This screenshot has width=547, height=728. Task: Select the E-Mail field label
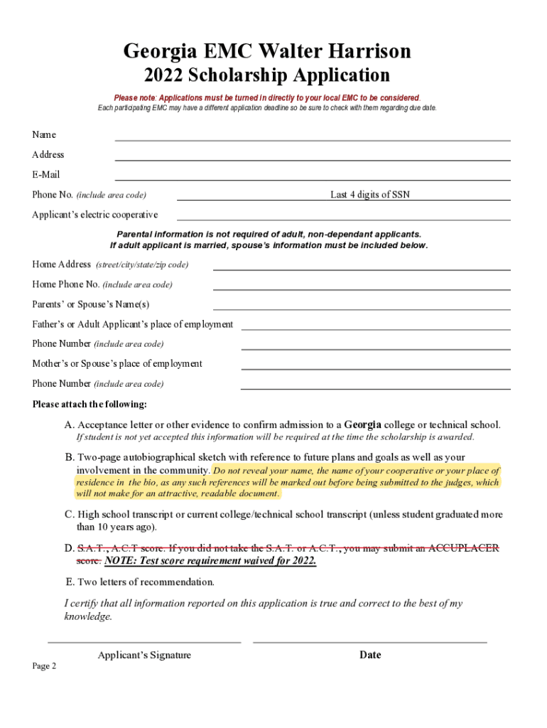click(x=46, y=174)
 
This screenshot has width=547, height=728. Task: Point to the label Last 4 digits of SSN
click(x=369, y=195)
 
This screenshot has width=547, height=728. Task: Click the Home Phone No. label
click(x=65, y=284)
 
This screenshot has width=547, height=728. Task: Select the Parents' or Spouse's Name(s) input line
click(x=362, y=309)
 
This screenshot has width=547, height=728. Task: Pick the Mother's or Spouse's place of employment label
click(x=117, y=363)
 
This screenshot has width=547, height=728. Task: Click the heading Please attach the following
click(x=90, y=405)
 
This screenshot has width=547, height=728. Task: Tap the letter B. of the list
click(x=70, y=457)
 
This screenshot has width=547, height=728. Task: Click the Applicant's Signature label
click(x=144, y=655)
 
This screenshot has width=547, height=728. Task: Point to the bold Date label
click(x=370, y=655)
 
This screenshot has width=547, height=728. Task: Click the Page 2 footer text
click(x=44, y=666)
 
